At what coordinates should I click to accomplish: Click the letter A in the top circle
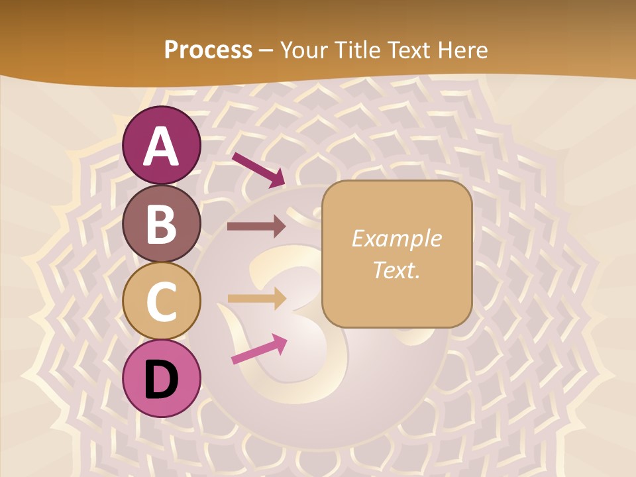(x=162, y=146)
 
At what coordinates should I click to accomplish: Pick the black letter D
(x=162, y=380)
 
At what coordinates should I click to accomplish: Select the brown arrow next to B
(x=256, y=227)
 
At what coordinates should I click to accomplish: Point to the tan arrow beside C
(x=256, y=299)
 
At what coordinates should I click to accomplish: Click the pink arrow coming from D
(x=259, y=349)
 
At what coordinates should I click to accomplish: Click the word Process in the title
(x=208, y=50)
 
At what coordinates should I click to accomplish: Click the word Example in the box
(x=396, y=238)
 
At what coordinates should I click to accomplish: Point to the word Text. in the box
(x=396, y=270)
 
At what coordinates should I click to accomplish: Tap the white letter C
(x=162, y=302)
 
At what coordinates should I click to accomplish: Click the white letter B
(x=162, y=224)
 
